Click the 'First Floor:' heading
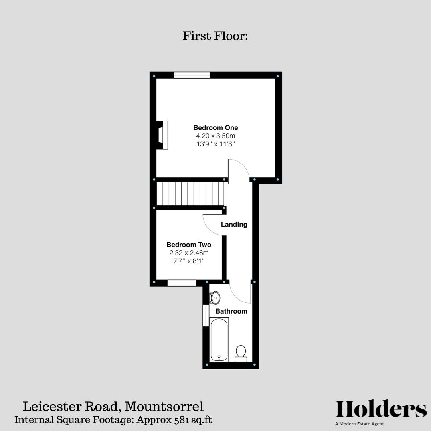pos(215,36)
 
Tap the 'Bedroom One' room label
pos(215,128)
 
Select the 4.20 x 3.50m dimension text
pos(215,136)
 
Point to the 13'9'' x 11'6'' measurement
pos(215,144)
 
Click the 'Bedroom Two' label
pos(189,245)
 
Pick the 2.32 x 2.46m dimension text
pos(189,253)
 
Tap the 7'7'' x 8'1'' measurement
pos(189,261)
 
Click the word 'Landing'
pos(234,225)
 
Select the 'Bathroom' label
pos(231,311)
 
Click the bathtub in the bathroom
pos(219,339)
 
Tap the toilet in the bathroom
pos(241,353)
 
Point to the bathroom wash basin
pos(215,297)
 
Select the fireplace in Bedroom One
pos(162,135)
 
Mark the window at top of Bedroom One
pos(192,75)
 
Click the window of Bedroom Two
pos(182,283)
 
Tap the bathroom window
pos(206,316)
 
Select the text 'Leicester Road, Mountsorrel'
pos(113,407)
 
